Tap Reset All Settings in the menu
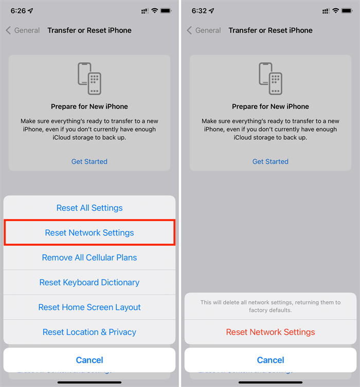(89, 208)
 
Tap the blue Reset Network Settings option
(89, 233)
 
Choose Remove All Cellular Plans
(89, 257)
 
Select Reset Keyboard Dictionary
(89, 282)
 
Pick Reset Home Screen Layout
(89, 307)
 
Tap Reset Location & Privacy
(89, 332)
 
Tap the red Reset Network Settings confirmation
(271, 332)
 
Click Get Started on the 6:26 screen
(89, 161)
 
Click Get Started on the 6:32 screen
(271, 161)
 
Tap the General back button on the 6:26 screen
(23, 30)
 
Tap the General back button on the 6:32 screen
(204, 30)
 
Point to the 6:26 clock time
(19, 11)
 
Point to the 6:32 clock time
(200, 11)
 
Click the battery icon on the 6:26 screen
(167, 11)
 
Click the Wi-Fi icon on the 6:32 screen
(336, 11)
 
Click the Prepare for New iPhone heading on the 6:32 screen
(271, 106)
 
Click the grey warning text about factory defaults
(271, 306)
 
